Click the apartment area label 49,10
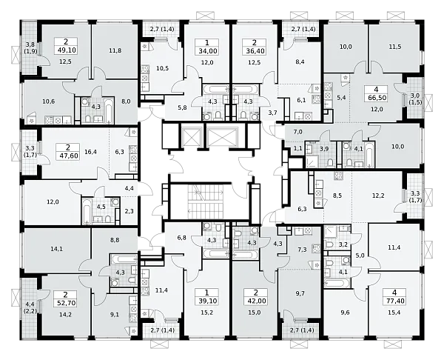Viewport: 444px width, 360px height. coord(66,50)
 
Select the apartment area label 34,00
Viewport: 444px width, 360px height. coord(206,51)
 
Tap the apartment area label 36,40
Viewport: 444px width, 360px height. coord(254,51)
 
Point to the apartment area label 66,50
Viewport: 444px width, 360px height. coord(377,98)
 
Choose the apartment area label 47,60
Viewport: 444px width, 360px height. coord(68,156)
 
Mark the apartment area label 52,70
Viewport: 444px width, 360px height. coord(65,303)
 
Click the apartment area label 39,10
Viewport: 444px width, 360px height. coord(206,301)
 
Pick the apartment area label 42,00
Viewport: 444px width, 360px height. coord(255,301)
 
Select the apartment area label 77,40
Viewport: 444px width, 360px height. coord(394,301)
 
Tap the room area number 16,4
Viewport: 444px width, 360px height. coord(90,152)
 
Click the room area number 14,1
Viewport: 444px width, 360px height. coord(57,249)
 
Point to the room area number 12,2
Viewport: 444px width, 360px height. coord(378,196)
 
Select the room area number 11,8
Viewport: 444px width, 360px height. coord(115,51)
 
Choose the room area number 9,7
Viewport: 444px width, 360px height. coord(300,293)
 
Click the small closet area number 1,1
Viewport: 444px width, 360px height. coord(298,147)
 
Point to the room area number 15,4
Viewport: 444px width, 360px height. coord(394,313)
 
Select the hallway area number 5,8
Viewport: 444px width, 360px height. coord(182,107)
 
